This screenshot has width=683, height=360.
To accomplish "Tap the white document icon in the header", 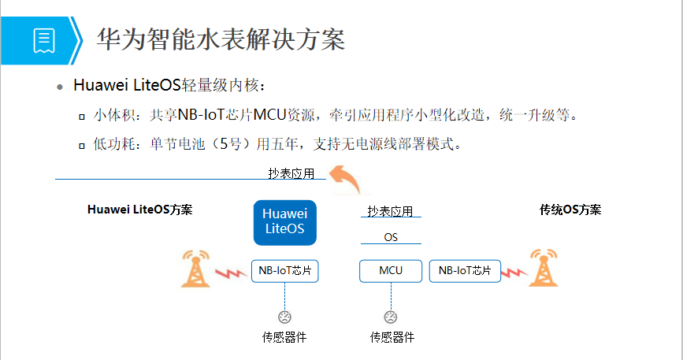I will pyautogui.click(x=44, y=39).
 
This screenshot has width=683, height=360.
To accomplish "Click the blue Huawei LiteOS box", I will pyautogui.click(x=284, y=222).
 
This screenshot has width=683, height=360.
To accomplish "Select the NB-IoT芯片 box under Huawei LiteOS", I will pyautogui.click(x=284, y=270).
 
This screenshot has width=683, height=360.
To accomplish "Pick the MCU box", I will pyautogui.click(x=390, y=270).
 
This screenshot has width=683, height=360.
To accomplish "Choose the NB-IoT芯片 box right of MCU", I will pyautogui.click(x=465, y=270).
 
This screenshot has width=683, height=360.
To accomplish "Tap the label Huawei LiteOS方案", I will pyautogui.click(x=140, y=210).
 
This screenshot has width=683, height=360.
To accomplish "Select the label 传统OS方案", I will pyautogui.click(x=570, y=210).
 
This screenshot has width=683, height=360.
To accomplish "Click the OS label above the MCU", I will pyautogui.click(x=391, y=236).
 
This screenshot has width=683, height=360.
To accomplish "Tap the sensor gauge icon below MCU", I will pyautogui.click(x=390, y=317).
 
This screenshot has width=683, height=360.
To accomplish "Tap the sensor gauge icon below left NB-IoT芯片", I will pyautogui.click(x=284, y=317).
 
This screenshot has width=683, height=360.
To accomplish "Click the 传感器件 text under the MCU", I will pyautogui.click(x=392, y=337).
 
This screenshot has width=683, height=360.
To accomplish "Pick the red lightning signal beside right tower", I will pyautogui.click(x=513, y=273).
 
